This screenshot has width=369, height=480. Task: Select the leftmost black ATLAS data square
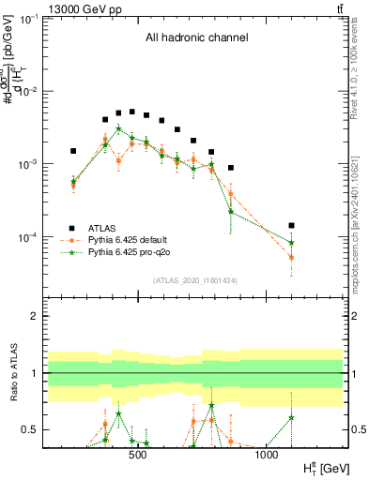73,151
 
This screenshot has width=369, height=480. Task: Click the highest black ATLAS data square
132,112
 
